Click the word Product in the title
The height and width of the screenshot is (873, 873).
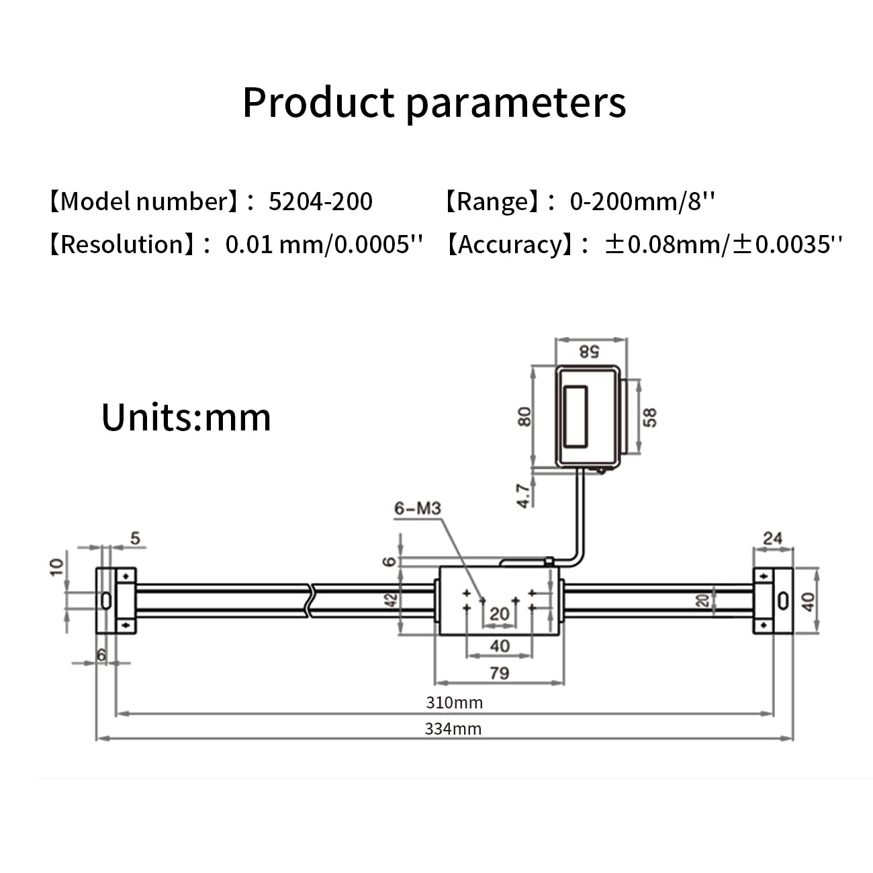coord(318,103)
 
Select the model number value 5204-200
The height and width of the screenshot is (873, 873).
coord(320,201)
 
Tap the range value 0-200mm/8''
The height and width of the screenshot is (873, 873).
coord(642,201)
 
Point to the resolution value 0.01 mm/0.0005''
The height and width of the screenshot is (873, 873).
coord(324,244)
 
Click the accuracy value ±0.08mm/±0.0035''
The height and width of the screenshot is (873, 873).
coord(723,244)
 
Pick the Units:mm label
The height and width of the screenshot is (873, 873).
coord(186,417)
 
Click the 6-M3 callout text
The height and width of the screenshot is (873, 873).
coord(417,508)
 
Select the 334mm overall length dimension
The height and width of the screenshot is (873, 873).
coord(453,729)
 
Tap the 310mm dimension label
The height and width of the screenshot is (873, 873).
coord(455,702)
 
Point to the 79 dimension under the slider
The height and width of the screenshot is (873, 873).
coord(499,673)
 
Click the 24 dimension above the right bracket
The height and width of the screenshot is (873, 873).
coord(773,538)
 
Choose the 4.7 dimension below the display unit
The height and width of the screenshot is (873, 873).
coord(524,495)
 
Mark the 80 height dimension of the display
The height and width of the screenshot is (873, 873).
coord(525,416)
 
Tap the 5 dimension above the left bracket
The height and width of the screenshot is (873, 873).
coord(136,538)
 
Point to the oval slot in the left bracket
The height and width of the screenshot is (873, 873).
coord(105,600)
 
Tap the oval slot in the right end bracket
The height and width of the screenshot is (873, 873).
coord(782,600)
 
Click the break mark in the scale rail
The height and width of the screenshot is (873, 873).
coord(310,600)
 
